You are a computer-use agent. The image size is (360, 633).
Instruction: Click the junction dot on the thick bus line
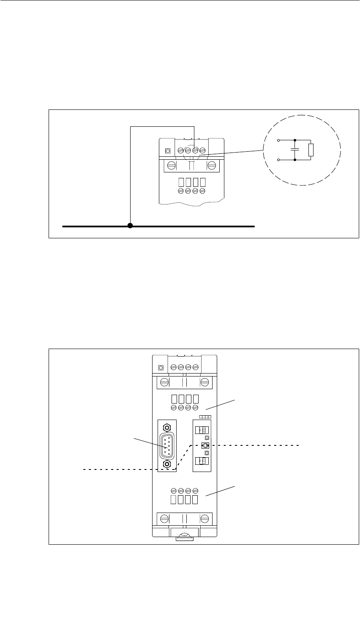pos(130,226)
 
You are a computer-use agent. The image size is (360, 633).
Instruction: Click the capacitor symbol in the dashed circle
pos(295,150)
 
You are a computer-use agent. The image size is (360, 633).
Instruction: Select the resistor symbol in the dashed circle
pos(311,150)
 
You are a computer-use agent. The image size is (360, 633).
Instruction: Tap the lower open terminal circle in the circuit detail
pos(277,160)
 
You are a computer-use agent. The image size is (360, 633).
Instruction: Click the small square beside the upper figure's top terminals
pos(168,150)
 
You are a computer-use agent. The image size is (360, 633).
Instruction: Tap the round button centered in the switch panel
pos(205,445)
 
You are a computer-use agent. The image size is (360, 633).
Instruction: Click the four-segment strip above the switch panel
pos(205,417)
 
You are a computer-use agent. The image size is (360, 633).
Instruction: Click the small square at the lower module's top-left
pos(161,368)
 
